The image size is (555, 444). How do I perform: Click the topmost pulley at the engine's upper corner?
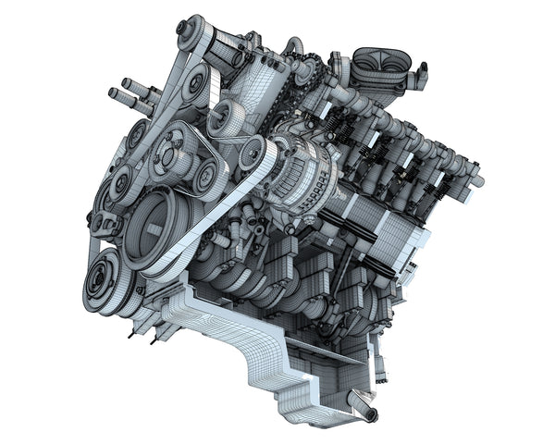pos(191,31)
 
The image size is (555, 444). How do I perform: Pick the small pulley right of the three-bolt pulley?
pos(206,172)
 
